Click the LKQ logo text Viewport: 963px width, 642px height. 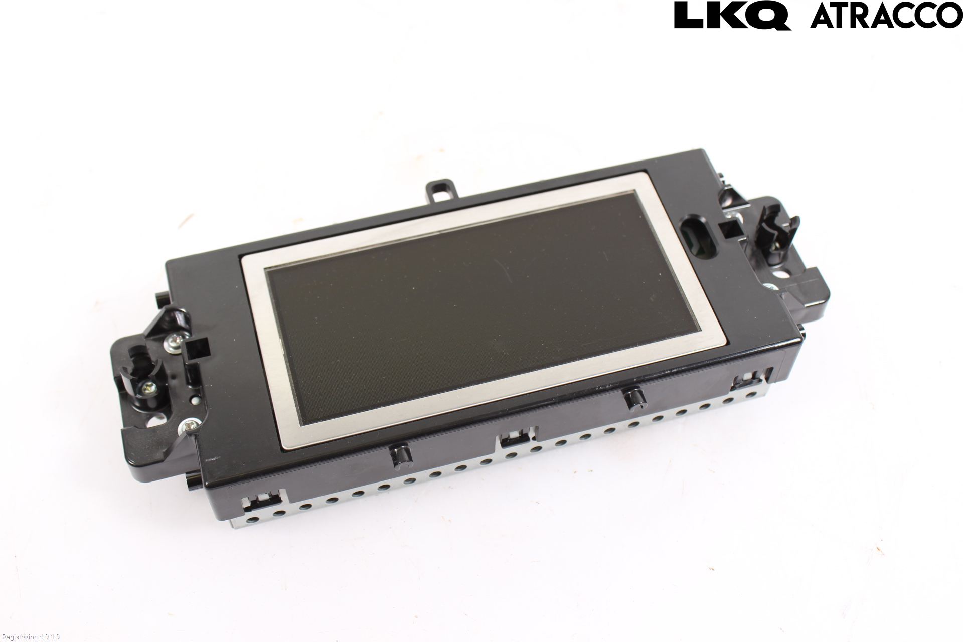[732, 16]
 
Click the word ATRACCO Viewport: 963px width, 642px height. [886, 16]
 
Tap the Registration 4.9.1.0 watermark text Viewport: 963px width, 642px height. [30, 637]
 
